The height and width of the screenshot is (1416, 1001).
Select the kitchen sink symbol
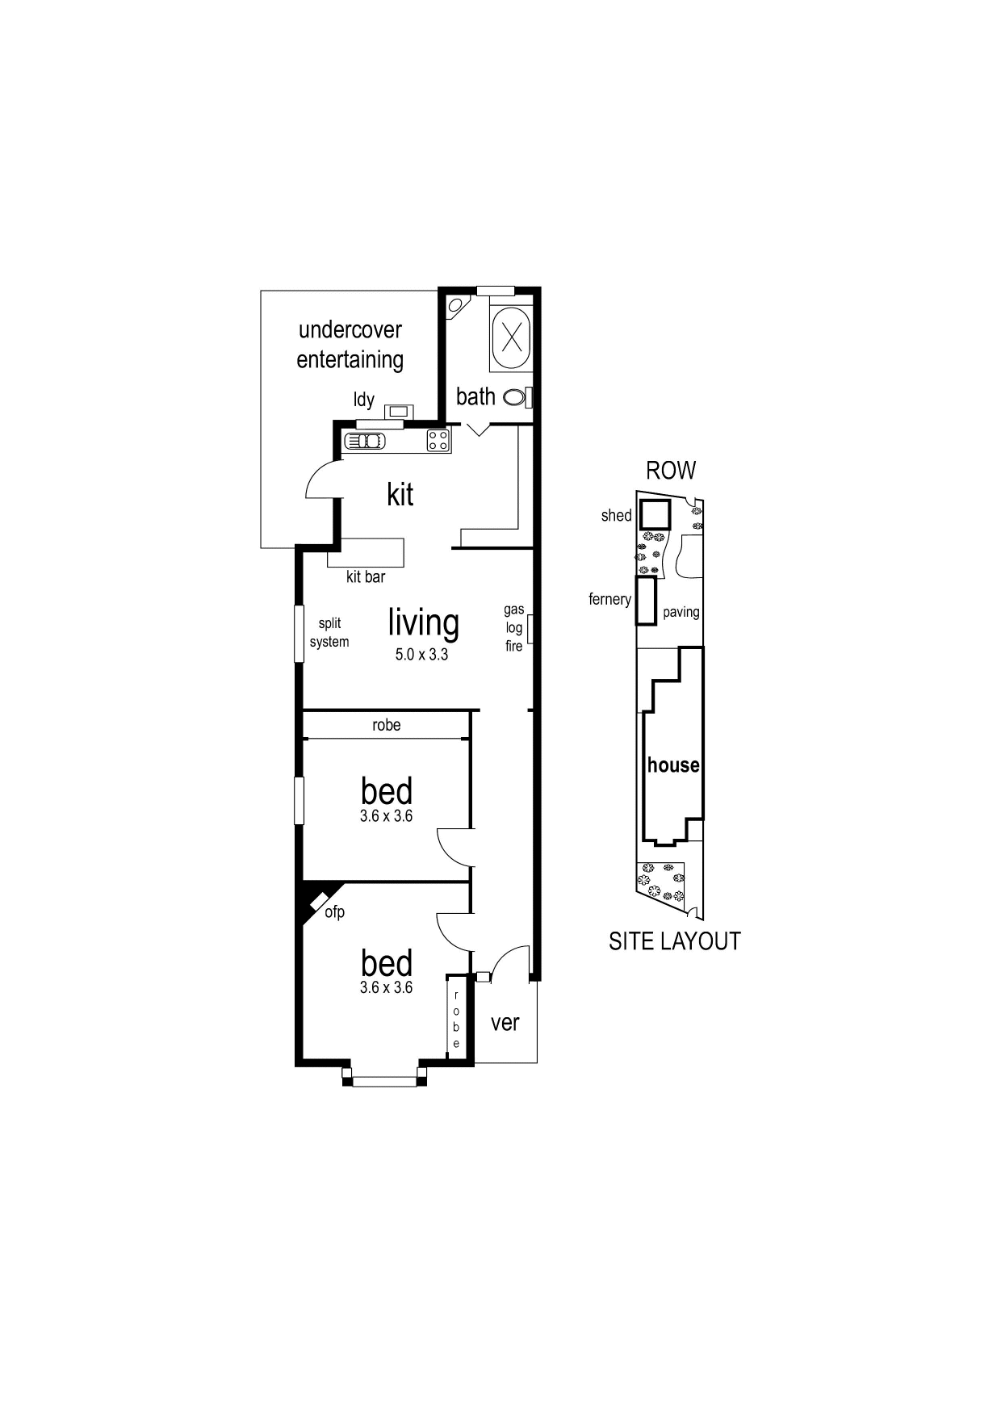point(366,441)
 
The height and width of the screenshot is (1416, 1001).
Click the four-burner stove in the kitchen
point(438,441)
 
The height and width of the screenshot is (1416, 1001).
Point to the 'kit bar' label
point(366,577)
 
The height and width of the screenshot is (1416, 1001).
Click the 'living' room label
point(423,622)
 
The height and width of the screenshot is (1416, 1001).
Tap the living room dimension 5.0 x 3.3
point(421,655)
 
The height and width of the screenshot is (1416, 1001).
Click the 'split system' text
point(329,633)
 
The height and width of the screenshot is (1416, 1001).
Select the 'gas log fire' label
point(514,628)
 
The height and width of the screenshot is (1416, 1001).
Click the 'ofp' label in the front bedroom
point(334,912)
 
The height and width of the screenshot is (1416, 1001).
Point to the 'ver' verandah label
point(505,1023)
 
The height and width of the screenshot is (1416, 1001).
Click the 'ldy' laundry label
point(364,400)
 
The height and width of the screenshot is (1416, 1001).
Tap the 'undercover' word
point(350,330)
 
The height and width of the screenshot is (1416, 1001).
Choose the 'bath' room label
point(475,396)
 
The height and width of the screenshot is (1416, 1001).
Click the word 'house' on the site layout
point(673,765)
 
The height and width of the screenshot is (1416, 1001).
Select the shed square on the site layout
point(655,514)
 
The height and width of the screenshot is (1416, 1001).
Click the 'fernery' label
point(609,599)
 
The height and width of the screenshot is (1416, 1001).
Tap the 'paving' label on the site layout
point(681,612)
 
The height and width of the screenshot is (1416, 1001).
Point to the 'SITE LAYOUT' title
point(674,941)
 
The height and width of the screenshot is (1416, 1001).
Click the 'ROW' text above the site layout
point(671,471)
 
